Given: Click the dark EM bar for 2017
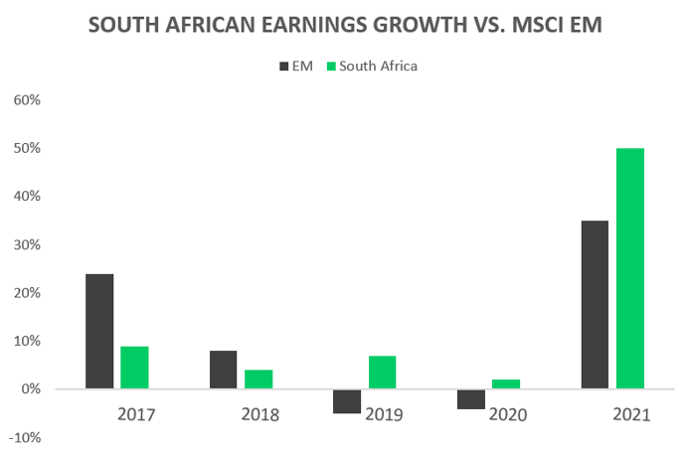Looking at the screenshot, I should coord(99,331).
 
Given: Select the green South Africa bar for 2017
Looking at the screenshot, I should coord(134,367).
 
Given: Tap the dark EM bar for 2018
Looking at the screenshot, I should coord(224,370).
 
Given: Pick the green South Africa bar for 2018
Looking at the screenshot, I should coord(258,379).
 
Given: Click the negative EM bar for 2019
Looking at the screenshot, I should coord(347,400).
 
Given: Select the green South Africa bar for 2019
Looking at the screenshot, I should coord(382,373).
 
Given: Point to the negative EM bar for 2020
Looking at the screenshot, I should coord(471,398).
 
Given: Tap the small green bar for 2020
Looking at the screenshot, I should coord(506,384).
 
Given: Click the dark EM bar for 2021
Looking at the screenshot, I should coord(596,304).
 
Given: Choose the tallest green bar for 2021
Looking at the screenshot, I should coord(630,268).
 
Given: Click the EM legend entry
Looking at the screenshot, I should coord(295,66).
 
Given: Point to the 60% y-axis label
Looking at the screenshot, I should coord(26,100).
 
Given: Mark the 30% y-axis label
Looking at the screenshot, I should coord(26,245).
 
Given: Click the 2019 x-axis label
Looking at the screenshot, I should coord(383,414).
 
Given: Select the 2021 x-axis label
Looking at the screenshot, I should coord(630,414).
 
